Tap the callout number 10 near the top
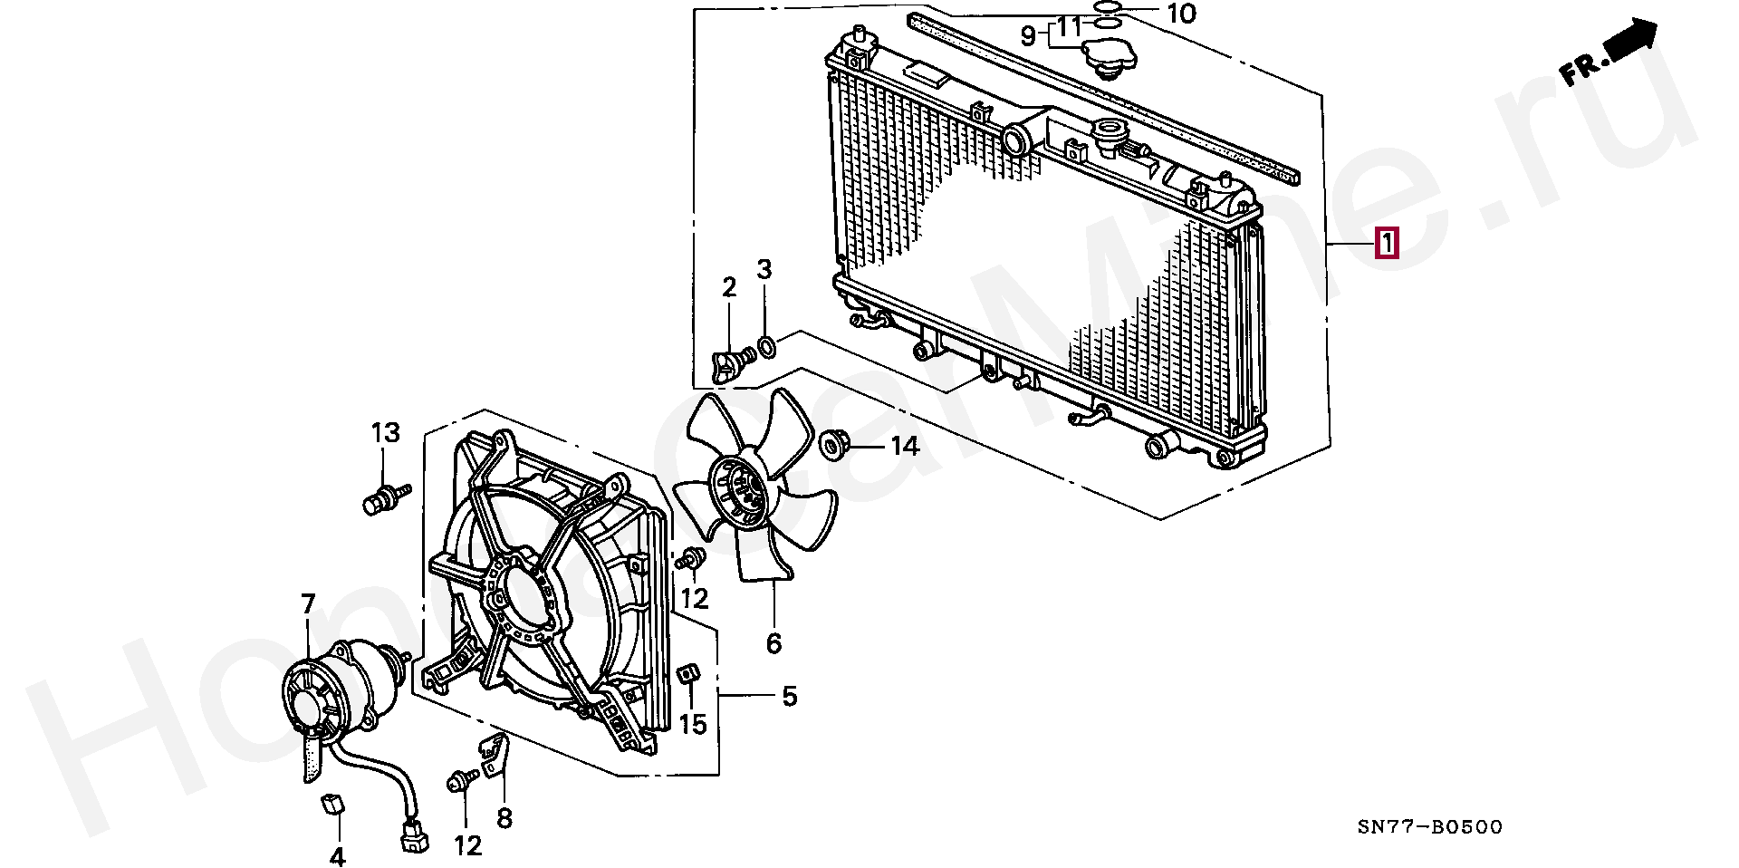click(x=1180, y=14)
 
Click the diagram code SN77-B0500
click(x=1429, y=827)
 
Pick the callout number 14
click(x=904, y=446)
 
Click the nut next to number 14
click(x=832, y=445)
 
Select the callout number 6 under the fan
click(x=773, y=643)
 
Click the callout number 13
click(x=386, y=433)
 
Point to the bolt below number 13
click(x=382, y=499)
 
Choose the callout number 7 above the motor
click(x=308, y=603)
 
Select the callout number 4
click(x=337, y=855)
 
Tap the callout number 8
click(x=504, y=818)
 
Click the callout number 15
click(x=693, y=725)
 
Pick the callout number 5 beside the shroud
click(x=789, y=697)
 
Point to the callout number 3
click(x=764, y=269)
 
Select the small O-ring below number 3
click(x=766, y=345)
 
